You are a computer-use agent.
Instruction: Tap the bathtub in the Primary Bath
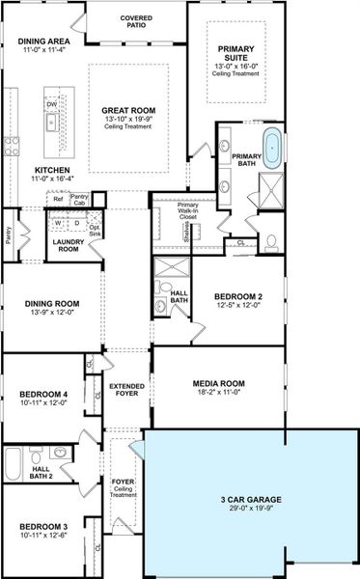(272, 147)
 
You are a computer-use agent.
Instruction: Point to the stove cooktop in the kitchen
(13, 146)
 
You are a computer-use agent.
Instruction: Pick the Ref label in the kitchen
(58, 198)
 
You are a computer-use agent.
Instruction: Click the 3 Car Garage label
(250, 499)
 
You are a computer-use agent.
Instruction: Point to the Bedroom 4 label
(43, 394)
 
